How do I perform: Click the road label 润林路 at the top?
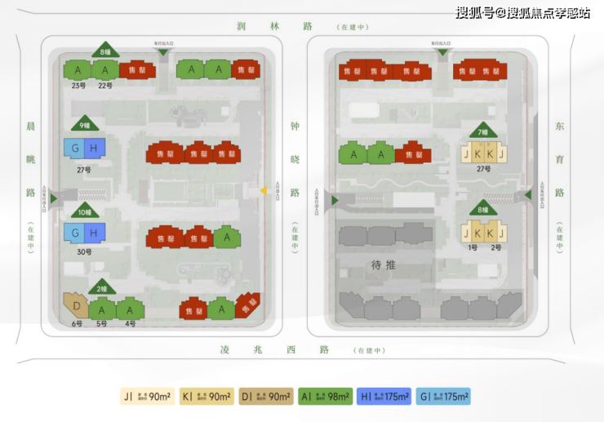click(x=273, y=26)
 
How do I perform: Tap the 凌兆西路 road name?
click(x=273, y=349)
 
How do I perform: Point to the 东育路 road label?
click(x=559, y=160)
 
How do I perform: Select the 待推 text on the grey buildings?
click(x=383, y=264)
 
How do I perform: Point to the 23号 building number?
click(x=78, y=85)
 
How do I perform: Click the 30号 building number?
click(x=85, y=251)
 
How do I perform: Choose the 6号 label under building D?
click(x=76, y=324)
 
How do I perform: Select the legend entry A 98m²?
click(x=325, y=398)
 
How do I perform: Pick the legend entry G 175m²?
click(x=443, y=398)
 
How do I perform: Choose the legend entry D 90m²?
click(x=266, y=398)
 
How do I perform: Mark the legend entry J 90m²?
click(x=148, y=398)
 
